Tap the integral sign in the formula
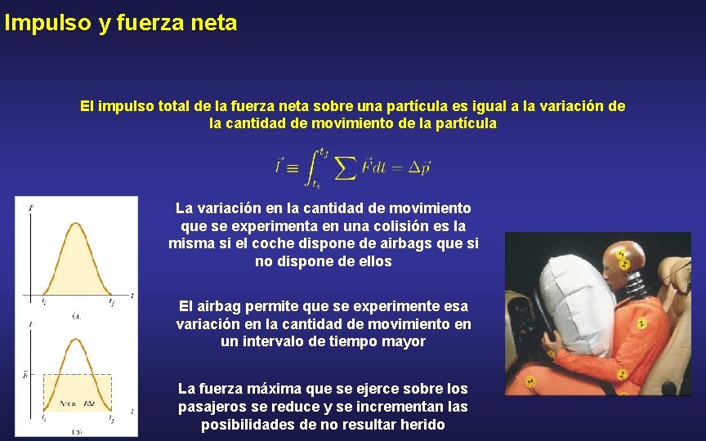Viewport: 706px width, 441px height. (x=311, y=167)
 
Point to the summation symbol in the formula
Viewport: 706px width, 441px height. (x=345, y=167)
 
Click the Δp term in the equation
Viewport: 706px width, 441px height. (x=418, y=167)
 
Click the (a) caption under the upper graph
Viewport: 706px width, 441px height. (x=76, y=314)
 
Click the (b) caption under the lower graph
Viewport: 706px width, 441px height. (x=76, y=430)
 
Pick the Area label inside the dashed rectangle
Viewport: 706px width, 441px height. (x=67, y=403)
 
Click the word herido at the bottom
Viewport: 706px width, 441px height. (x=422, y=425)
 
